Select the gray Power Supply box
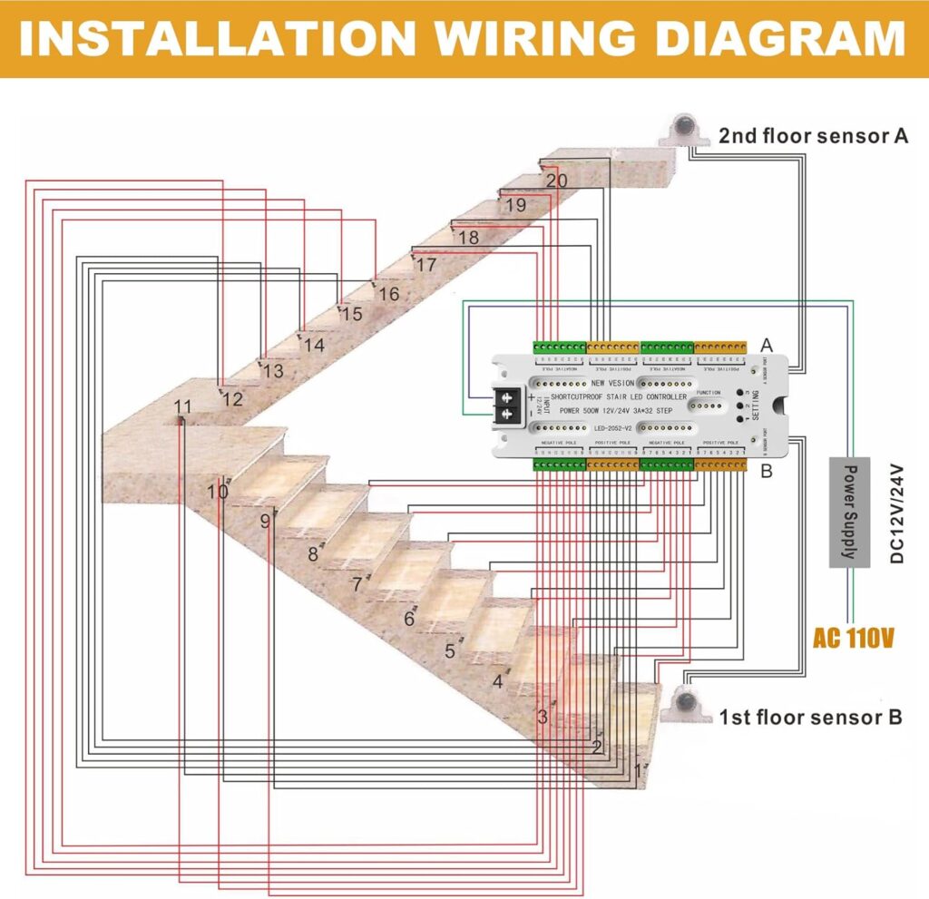click(849, 512)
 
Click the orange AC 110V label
click(854, 638)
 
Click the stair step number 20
click(556, 181)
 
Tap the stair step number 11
click(182, 406)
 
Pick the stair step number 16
click(388, 294)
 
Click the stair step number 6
click(409, 620)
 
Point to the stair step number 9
click(265, 522)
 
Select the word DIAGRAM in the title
click(762, 39)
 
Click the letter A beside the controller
click(766, 345)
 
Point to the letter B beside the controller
click(766, 472)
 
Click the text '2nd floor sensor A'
click(813, 136)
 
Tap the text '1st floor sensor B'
click(810, 718)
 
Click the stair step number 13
click(273, 371)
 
